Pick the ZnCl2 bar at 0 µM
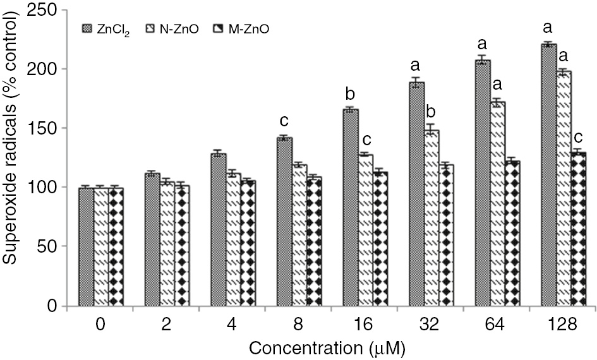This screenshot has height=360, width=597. click(x=86, y=247)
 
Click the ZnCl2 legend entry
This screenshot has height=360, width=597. click(x=105, y=28)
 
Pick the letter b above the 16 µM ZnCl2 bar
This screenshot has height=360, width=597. click(x=350, y=94)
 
